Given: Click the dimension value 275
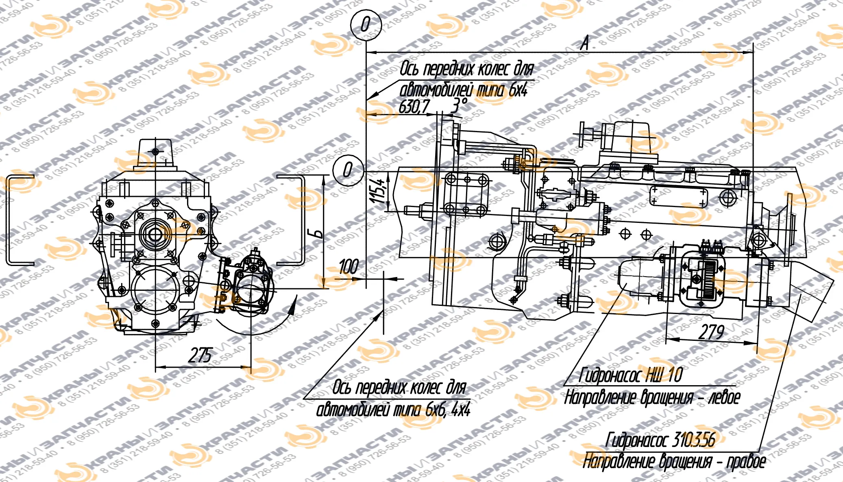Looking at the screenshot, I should coord(200,355).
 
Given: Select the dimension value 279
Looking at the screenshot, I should coord(711,332).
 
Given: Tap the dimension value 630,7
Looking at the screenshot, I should coord(414,107).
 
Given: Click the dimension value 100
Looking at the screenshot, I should coord(349,267).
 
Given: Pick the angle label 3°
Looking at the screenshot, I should coord(459,105).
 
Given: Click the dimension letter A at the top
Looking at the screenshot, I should coord(584,43).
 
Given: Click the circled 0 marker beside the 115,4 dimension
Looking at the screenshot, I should coord(348,169).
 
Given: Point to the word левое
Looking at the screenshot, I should coord(724,397).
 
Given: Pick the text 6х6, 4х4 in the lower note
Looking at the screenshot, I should coord(447,410).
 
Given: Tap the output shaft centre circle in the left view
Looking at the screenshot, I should coord(155,234).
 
